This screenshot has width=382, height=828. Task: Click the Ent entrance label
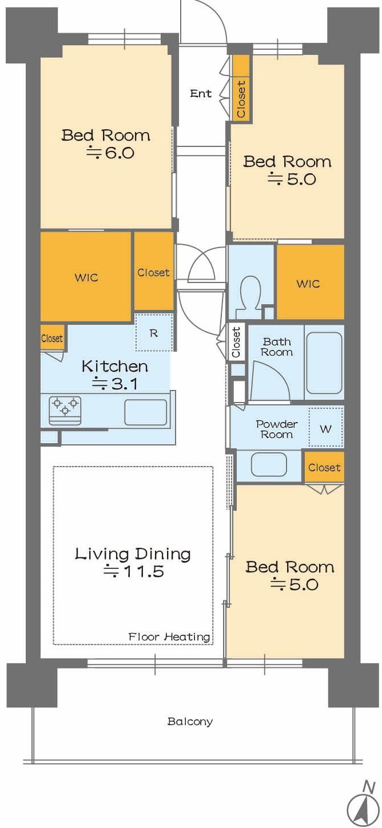click(x=201, y=94)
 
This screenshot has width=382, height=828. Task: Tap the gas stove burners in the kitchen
click(x=65, y=411)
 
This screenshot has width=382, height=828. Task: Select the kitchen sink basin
click(x=145, y=412)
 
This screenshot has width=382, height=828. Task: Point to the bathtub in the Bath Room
click(x=324, y=363)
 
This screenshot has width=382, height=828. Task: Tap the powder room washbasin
click(x=269, y=464)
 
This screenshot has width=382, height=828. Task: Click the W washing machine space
click(x=326, y=429)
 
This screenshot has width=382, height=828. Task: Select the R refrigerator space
click(x=154, y=333)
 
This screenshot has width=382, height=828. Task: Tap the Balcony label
click(x=190, y=721)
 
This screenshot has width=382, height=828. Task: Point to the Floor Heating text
click(x=169, y=636)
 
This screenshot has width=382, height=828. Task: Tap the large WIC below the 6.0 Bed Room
click(x=86, y=277)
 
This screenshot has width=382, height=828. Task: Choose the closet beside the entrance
click(x=240, y=88)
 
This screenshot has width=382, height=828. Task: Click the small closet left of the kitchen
click(x=52, y=338)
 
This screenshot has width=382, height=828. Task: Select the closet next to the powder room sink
click(x=324, y=467)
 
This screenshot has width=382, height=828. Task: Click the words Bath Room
click(x=277, y=347)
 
